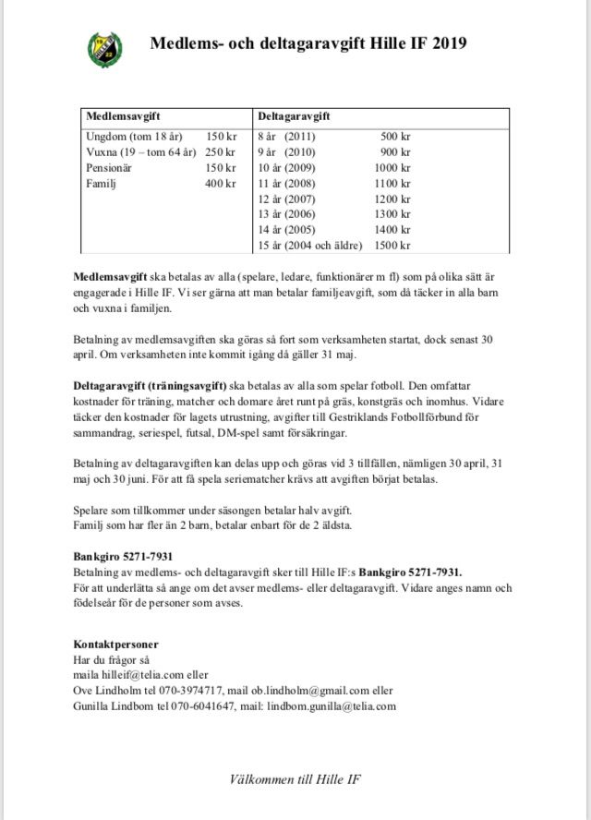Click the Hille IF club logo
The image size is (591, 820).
[104, 47]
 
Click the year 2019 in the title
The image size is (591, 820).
[448, 42]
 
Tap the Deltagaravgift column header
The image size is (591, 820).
[294, 117]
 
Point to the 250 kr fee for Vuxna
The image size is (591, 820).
[221, 151]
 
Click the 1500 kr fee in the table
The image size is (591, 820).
[392, 246]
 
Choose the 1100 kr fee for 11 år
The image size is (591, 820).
[392, 183]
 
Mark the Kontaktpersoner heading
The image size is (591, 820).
[115, 644]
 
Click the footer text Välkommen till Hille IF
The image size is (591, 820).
[295, 779]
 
